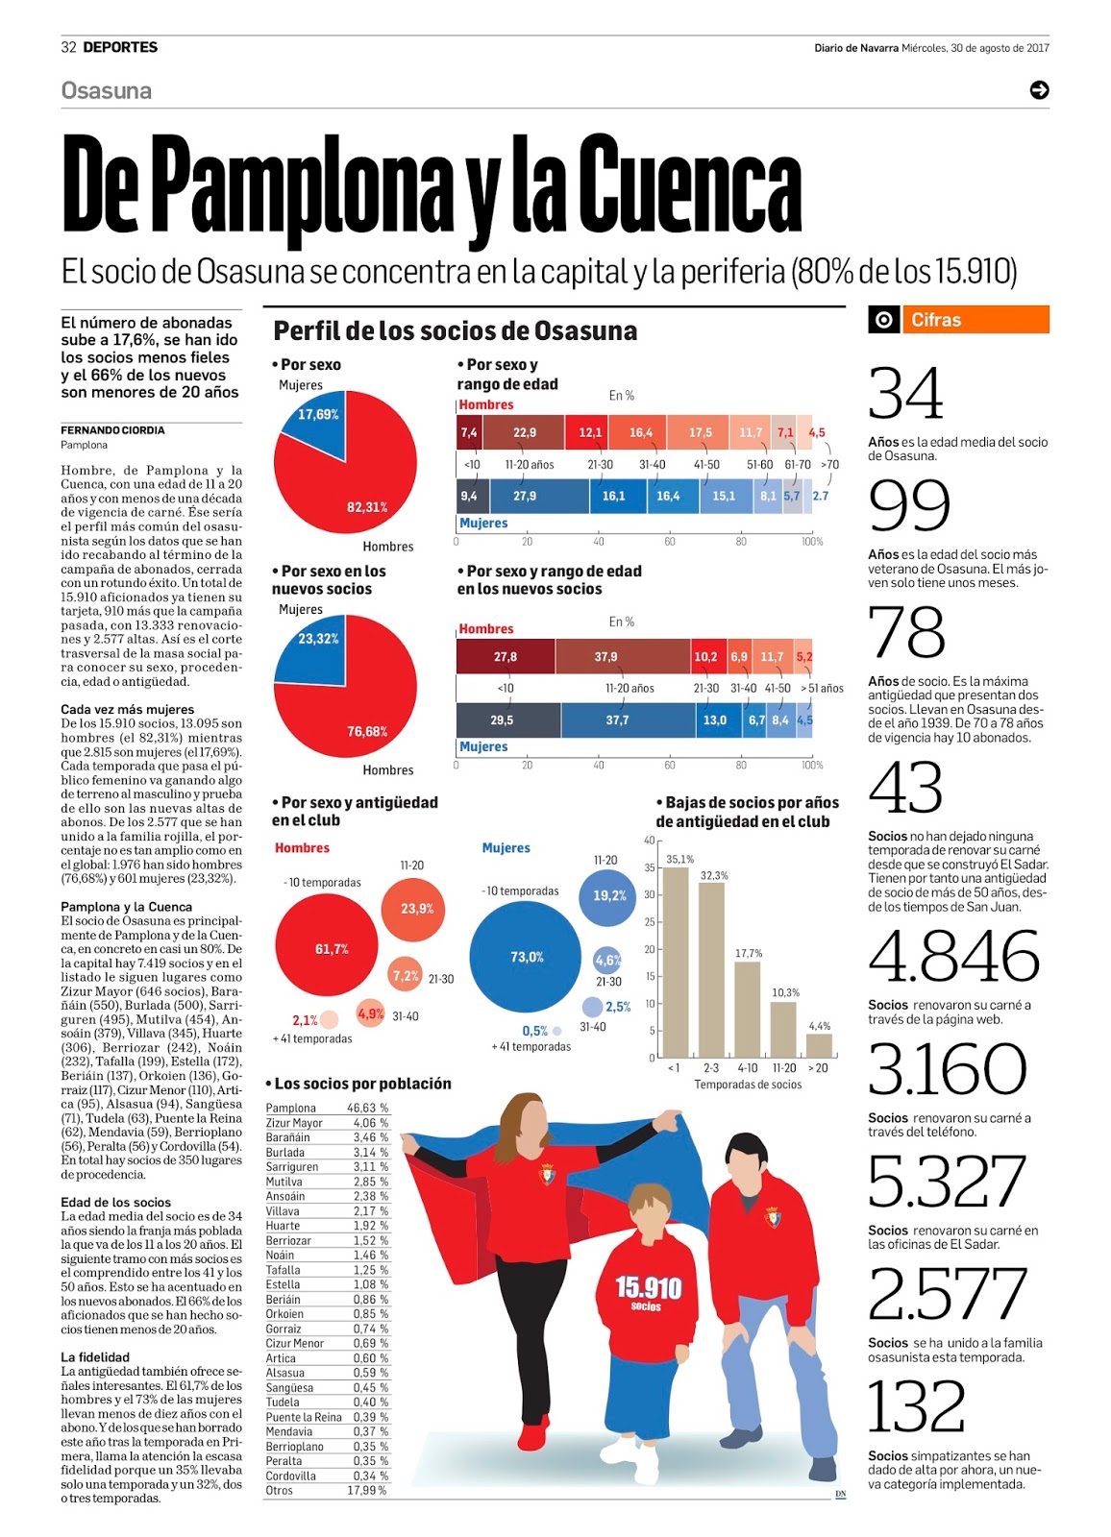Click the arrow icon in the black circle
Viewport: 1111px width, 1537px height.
(1039, 90)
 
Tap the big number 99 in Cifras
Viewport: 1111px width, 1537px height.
(909, 505)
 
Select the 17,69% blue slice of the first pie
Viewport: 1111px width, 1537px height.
(313, 423)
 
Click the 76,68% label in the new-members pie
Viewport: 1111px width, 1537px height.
(367, 732)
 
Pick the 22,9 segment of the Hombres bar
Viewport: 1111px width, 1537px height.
(524, 432)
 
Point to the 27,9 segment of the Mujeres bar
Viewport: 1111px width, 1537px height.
(525, 496)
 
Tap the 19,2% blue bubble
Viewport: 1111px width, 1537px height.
(607, 896)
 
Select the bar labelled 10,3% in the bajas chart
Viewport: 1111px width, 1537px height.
(783, 1030)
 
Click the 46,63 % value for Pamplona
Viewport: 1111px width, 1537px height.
(368, 1108)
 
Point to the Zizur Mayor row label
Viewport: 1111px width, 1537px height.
(294, 1123)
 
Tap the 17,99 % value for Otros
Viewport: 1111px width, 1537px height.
(367, 1491)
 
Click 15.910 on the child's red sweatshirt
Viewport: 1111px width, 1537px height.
(649, 1286)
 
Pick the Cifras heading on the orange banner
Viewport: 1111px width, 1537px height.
(936, 320)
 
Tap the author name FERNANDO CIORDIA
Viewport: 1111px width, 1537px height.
(112, 430)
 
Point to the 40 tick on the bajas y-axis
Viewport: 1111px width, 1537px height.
(650, 841)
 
